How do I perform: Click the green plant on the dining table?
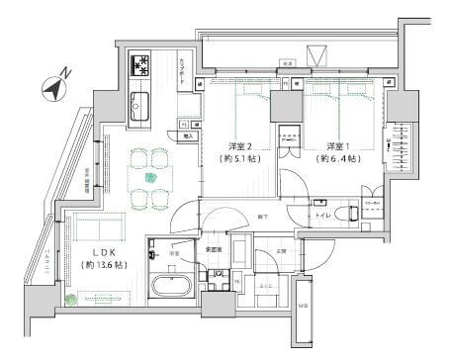[x=150, y=178]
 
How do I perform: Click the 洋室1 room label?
[x=330, y=143]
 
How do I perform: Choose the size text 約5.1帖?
[x=238, y=158]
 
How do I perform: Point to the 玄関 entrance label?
[x=282, y=250]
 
